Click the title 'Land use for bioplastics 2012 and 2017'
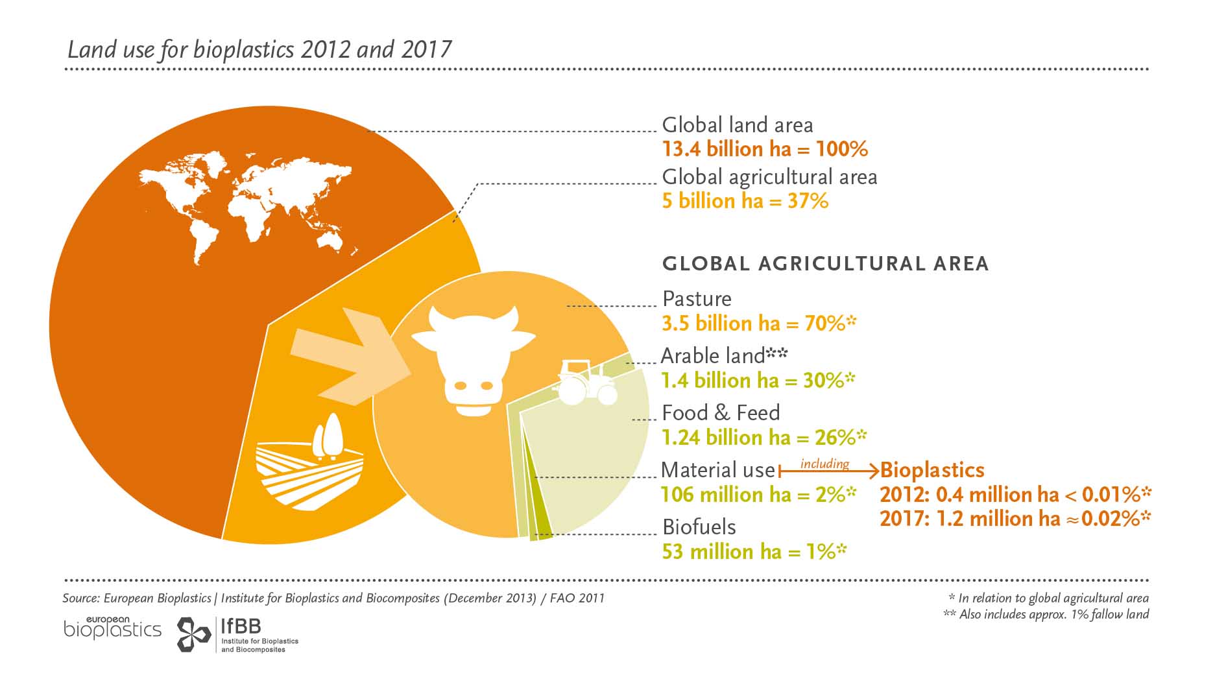tap(259, 50)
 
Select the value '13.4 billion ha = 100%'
tap(765, 149)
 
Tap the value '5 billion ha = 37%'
tap(745, 201)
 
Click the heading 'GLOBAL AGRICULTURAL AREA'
tap(825, 264)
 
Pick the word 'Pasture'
tap(697, 299)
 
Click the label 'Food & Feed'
tap(721, 413)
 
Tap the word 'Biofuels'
tap(699, 527)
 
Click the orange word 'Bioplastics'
tap(932, 470)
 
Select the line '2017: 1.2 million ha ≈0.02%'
tap(1015, 519)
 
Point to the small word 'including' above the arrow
tap(824, 464)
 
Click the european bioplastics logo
tap(112, 628)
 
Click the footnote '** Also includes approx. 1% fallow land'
tap(1046, 614)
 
